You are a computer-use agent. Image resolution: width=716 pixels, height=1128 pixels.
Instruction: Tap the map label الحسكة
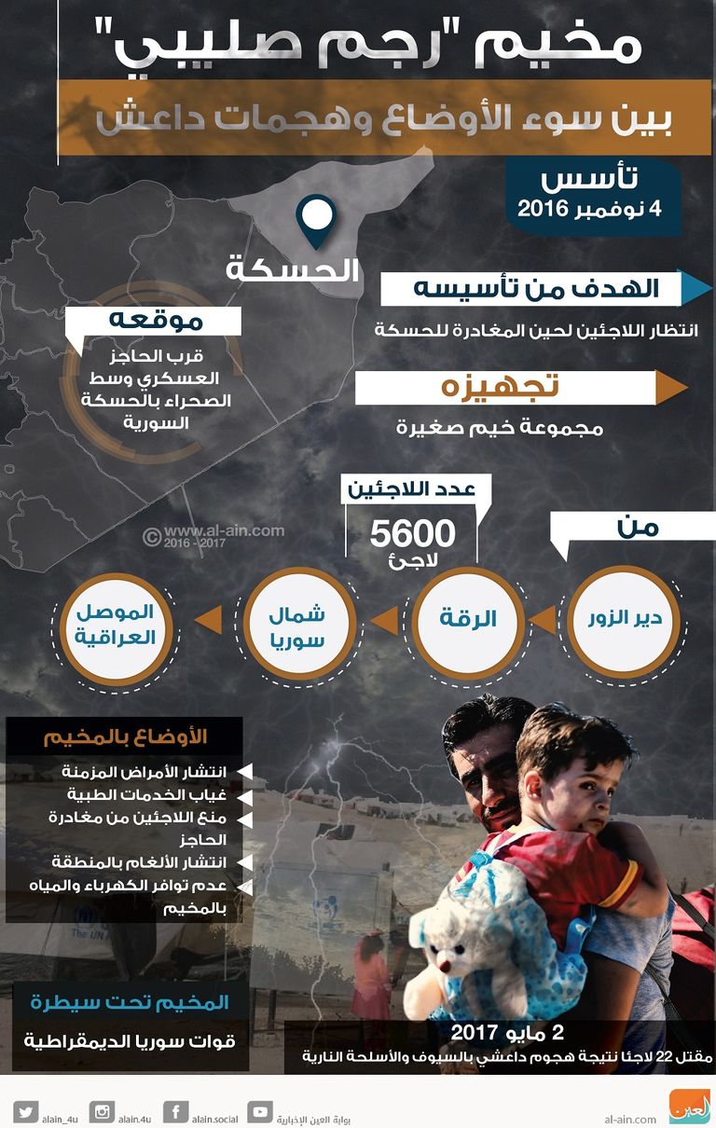tap(293, 270)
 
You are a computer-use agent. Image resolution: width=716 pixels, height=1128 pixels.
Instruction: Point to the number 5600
tap(412, 534)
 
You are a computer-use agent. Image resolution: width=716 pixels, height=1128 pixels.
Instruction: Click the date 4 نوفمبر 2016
tap(590, 208)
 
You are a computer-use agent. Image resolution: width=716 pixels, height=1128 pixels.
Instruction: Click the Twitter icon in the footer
tap(25, 1111)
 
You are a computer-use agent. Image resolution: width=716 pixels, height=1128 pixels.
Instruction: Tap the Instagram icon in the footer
tap(101, 1111)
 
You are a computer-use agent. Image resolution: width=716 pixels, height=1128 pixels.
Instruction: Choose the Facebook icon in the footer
tap(174, 1111)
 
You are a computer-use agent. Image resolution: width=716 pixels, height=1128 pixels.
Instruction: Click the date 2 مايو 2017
tap(507, 1032)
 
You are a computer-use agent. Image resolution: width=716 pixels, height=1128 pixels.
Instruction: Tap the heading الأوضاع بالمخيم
tap(125, 736)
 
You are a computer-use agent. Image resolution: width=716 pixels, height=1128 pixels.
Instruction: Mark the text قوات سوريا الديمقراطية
tap(128, 1041)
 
